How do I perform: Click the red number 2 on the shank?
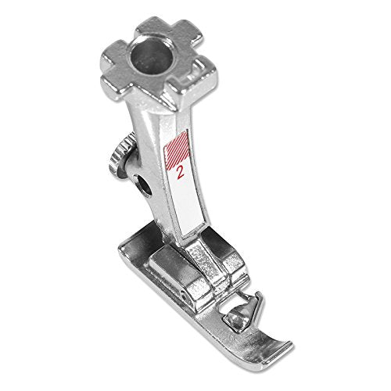point(181,172)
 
